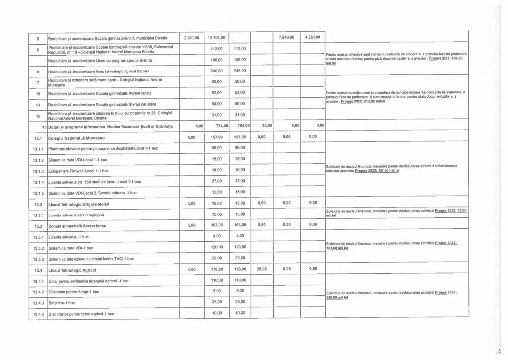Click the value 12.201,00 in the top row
[x=217, y=38]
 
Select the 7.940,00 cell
[x=285, y=38]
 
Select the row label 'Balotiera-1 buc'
[x=62, y=302]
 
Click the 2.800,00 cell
[x=191, y=38]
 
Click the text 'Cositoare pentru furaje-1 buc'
[x=73, y=291]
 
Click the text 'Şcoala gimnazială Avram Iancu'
[x=78, y=226]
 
